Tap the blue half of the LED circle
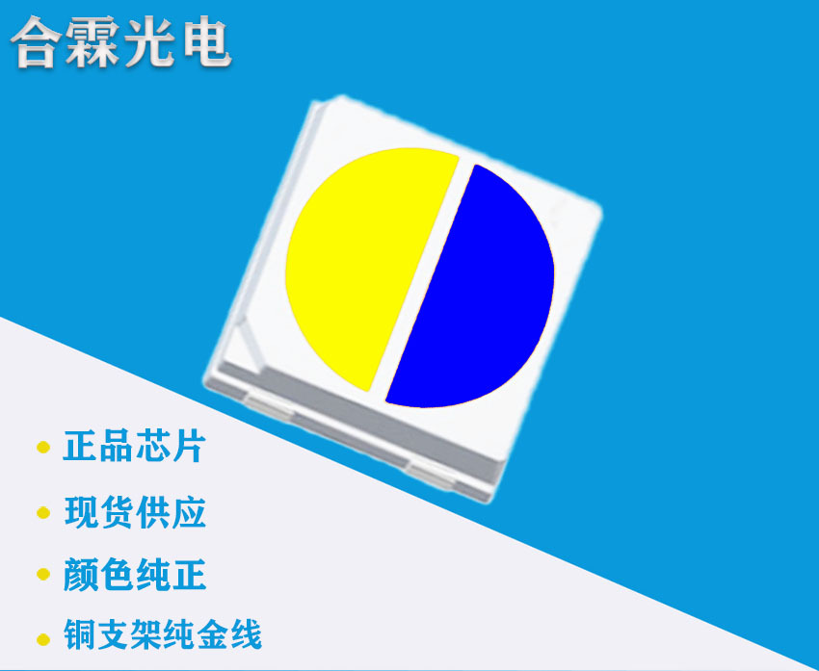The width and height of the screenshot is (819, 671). [x=477, y=289]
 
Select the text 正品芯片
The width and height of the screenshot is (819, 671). [x=134, y=447]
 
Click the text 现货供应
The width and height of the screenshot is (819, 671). [x=135, y=511]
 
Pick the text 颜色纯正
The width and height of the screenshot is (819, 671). [x=135, y=575]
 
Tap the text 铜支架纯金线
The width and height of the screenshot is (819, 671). [x=162, y=635]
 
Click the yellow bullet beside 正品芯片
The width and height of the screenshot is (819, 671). [x=42, y=448]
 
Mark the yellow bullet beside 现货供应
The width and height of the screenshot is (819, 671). [x=42, y=512]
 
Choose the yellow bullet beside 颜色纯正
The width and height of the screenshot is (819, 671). [x=42, y=576]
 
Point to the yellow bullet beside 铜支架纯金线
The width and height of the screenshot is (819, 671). [x=42, y=637]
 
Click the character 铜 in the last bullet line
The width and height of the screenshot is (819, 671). [x=80, y=635]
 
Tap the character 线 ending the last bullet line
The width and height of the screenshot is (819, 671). [x=245, y=635]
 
